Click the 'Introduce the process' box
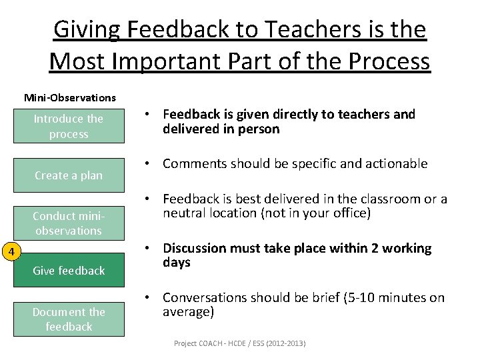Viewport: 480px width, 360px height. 69,126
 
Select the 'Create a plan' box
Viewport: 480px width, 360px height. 69,175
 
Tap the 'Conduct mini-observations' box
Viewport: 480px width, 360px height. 69,223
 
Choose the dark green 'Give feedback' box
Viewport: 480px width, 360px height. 69,270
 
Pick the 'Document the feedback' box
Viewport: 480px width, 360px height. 69,319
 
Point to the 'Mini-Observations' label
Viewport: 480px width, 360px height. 70,98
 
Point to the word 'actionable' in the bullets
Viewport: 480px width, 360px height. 398,164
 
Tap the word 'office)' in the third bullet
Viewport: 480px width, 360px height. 351,213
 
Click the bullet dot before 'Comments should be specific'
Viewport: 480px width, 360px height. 152,164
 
